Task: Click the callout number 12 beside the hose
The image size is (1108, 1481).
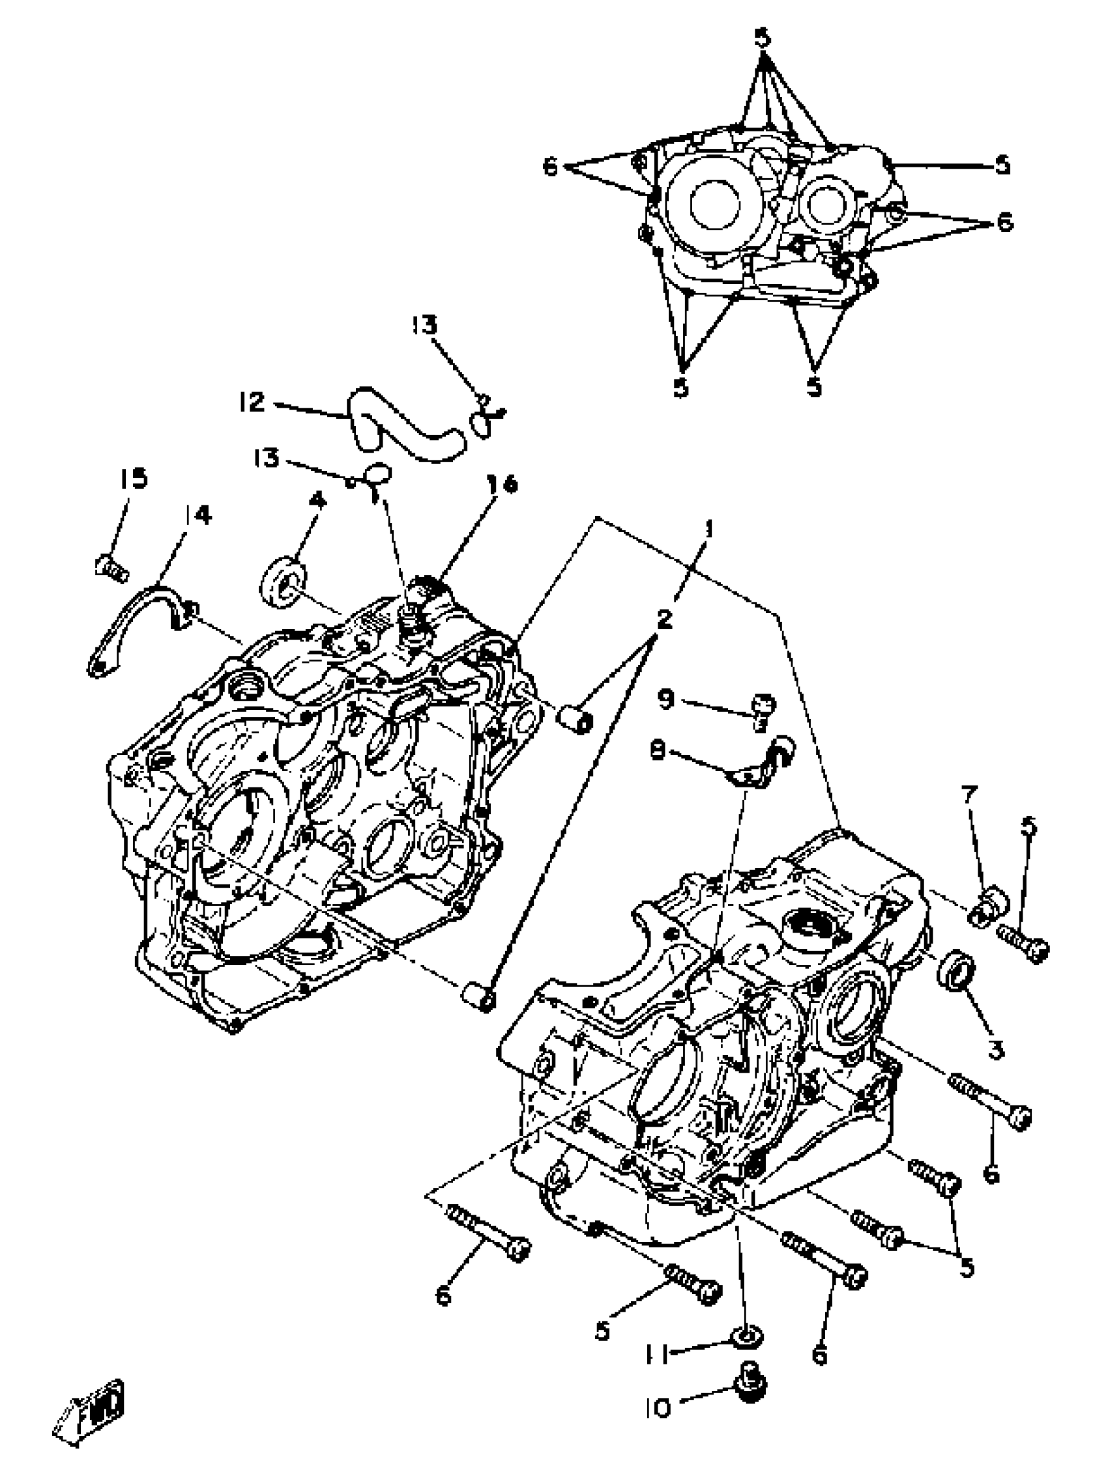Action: [252, 402]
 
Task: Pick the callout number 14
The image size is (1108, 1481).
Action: [197, 515]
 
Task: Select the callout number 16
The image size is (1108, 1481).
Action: [503, 483]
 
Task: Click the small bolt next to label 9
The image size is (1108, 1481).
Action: [763, 711]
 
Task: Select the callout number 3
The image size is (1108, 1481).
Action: [995, 1050]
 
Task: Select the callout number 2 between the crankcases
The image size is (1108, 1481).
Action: [664, 620]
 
